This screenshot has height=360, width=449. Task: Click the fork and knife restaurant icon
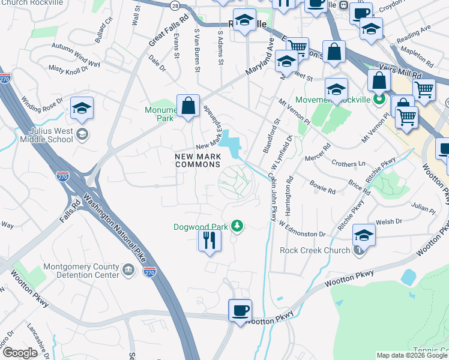pyautogui.click(x=209, y=241)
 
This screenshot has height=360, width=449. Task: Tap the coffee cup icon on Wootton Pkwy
pyautogui.click(x=240, y=311)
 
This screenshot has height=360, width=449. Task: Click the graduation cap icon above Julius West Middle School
pyautogui.click(x=82, y=108)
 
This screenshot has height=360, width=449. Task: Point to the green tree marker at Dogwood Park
pyautogui.click(x=238, y=226)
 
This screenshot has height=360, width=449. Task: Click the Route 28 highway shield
pyautogui.click(x=174, y=5)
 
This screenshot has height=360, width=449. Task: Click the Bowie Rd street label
pyautogui.click(x=322, y=185)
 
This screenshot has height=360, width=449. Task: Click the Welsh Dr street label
pyautogui.click(x=390, y=222)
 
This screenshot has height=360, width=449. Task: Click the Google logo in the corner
pyautogui.click(x=20, y=353)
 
